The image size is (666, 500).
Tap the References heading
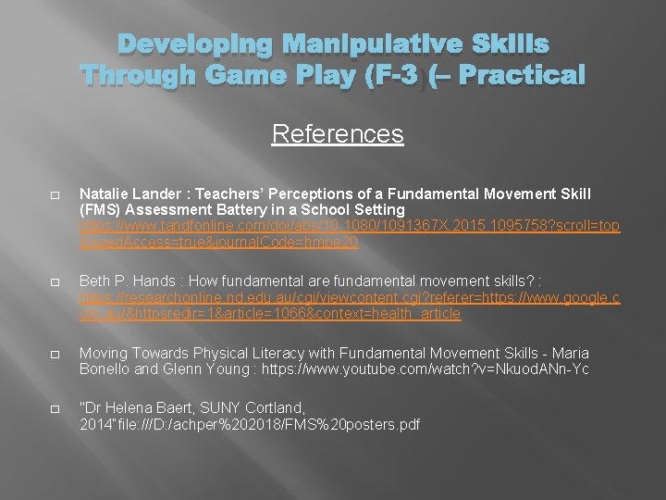338,134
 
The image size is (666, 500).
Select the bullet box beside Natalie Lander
55,195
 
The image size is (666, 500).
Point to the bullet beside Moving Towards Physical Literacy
55,355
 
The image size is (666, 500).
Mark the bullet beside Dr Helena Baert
55,409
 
